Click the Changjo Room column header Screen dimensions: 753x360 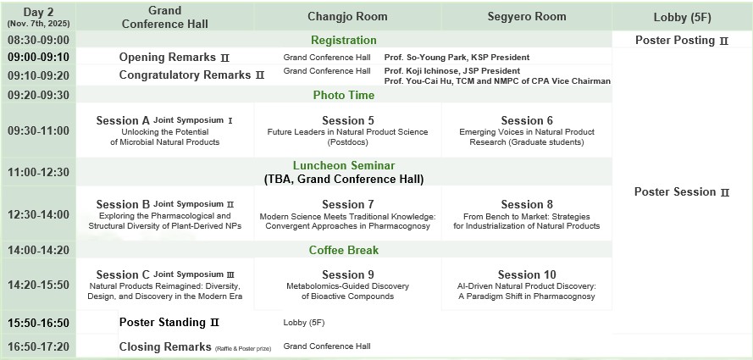pos(347,17)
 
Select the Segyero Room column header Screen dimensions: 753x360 pos(527,17)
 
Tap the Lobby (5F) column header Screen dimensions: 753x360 pos(683,17)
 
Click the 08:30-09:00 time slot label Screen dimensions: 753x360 pos(38,40)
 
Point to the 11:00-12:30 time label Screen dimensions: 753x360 pos(38,172)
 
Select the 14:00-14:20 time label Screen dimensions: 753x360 pos(38,250)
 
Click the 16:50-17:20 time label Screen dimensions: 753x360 pos(38,346)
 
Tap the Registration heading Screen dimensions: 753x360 pos(344,40)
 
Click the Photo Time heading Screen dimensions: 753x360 pos(344,95)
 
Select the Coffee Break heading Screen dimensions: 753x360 pos(344,250)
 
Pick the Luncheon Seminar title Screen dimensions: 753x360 pos(344,166)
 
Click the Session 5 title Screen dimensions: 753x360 pos(347,120)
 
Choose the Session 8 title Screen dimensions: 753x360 pos(527,204)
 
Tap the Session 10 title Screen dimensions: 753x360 pos(527,275)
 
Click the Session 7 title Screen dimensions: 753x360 pos(347,204)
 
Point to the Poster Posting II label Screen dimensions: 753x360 pos(682,41)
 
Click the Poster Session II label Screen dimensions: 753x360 pos(682,192)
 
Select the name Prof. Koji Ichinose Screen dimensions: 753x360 pos(417,71)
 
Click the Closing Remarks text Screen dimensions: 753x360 pos(165,346)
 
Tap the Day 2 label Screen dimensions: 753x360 pos(38,13)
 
